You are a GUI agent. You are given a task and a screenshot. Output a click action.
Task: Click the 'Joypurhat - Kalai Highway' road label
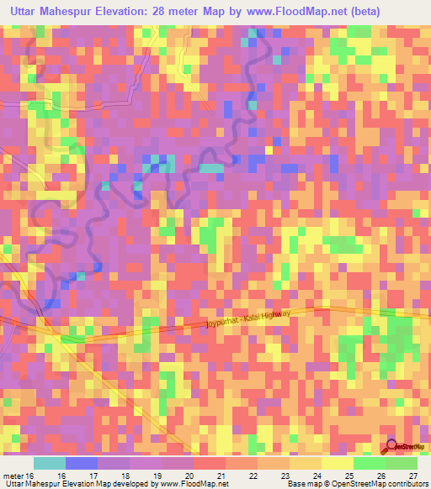tap(248, 319)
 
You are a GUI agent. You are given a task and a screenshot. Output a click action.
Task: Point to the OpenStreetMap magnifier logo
tap(393, 447)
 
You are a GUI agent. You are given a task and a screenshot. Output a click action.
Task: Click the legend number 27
tap(412, 476)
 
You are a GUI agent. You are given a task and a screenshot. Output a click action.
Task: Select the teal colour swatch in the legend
tap(49, 463)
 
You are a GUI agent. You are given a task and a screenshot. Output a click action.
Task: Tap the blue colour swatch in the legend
tap(81, 463)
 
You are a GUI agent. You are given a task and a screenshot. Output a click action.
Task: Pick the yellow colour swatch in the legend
tap(337, 463)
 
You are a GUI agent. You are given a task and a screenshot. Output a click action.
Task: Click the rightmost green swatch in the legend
tap(402, 463)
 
